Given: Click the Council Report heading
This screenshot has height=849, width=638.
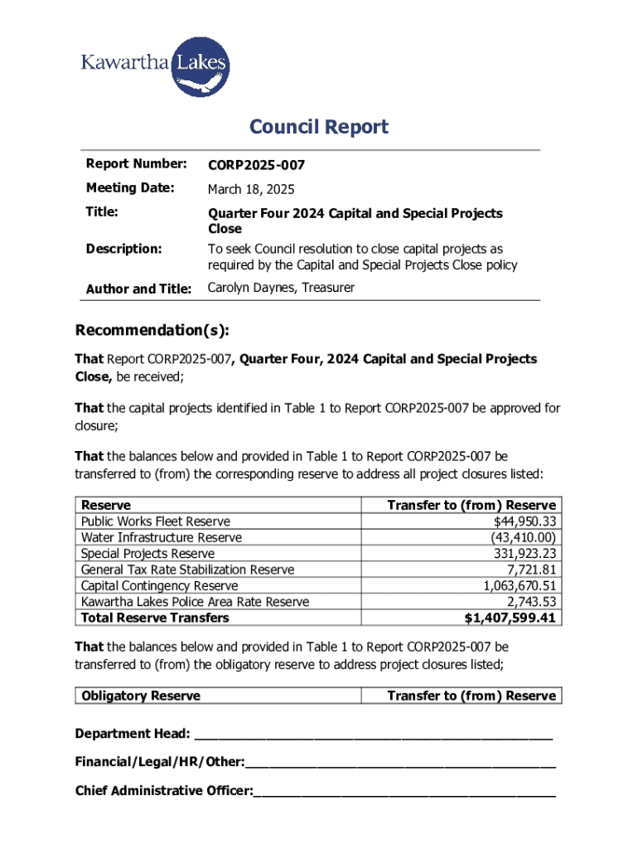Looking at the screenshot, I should [x=319, y=127].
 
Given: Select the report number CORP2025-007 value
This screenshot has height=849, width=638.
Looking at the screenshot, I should [x=256, y=166].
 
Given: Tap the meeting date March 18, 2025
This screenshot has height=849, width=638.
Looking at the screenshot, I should [x=250, y=190].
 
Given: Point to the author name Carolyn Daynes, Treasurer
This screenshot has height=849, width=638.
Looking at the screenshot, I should [x=281, y=288].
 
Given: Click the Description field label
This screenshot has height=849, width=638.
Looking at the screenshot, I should [x=123, y=249].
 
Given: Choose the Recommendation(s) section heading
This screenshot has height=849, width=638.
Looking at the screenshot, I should [x=152, y=331].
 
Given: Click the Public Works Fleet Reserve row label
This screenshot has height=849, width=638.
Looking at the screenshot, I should [x=156, y=522].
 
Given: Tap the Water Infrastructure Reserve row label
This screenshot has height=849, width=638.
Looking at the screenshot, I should [x=162, y=537].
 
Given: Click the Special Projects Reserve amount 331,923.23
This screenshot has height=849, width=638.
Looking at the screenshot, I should [x=520, y=554].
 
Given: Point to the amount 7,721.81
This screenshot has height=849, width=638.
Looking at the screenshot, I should [x=531, y=570].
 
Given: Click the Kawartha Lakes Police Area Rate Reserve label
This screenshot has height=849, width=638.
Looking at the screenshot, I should [x=195, y=602].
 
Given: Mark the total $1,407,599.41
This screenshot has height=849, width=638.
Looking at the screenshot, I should [x=510, y=619].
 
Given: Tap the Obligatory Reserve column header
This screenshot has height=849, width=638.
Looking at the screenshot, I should [x=141, y=696].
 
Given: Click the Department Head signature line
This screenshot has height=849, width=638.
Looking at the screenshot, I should [x=372, y=735].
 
